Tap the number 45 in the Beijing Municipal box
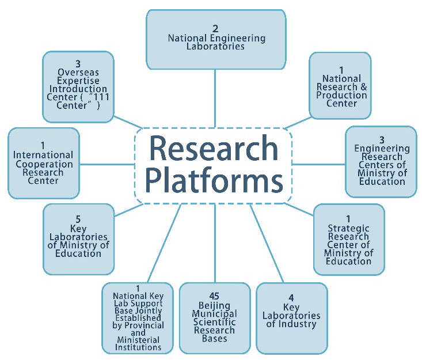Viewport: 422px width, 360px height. coord(214,296)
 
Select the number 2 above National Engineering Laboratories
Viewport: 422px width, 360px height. coord(215,28)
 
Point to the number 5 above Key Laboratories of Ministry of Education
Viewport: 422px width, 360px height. coord(77,219)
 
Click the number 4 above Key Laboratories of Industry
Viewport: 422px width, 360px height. coord(291,298)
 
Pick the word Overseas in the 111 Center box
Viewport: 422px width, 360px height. coord(78,73)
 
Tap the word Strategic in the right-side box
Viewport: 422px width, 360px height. coord(348,228)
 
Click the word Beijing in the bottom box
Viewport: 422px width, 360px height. coord(214,305)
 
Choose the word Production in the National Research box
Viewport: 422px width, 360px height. coord(342,95)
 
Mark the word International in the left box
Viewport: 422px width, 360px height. coord(43,155)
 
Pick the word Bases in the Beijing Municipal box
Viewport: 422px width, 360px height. coord(214,338)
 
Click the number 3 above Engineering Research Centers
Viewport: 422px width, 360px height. coord(382,139)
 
